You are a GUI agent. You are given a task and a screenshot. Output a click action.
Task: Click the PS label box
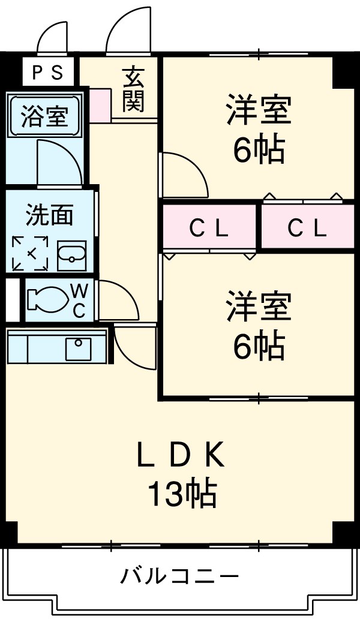click(x=47, y=72)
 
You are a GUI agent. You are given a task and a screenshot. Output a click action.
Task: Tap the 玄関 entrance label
click(x=134, y=90)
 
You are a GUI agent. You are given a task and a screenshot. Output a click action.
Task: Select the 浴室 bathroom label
click(x=44, y=115)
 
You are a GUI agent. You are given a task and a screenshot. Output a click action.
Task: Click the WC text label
click(x=80, y=301)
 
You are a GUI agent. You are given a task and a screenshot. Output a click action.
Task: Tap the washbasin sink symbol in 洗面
click(x=71, y=257)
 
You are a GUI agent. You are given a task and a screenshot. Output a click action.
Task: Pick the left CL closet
click(x=209, y=227)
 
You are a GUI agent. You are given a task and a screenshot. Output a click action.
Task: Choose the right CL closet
click(x=307, y=227)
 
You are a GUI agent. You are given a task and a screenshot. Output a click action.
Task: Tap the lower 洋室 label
click(x=259, y=306)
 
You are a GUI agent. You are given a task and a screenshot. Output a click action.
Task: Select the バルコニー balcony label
click(x=180, y=577)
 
